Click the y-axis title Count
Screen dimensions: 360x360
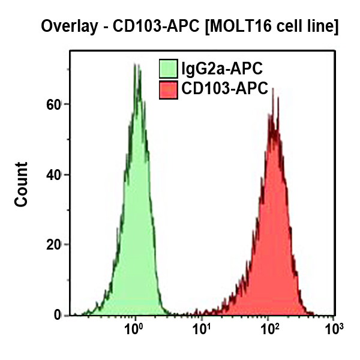[x=22, y=184]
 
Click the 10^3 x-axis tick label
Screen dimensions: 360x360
[x=333, y=329]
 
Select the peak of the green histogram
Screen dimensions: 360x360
[x=137, y=65]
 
